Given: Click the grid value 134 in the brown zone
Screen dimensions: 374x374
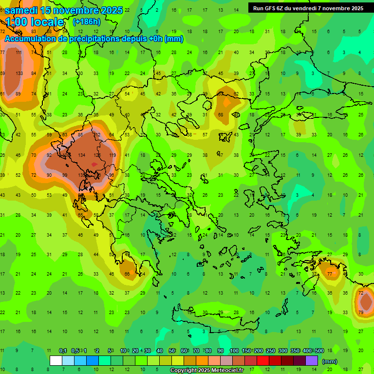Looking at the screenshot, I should click(x=81, y=155).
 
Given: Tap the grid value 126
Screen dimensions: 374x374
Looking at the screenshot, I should click(x=97, y=155).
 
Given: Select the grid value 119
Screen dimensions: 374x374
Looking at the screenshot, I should click(x=112, y=155).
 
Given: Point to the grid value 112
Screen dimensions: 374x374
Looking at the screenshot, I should click(x=97, y=135).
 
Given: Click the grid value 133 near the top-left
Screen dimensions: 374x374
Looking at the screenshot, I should click(x=19, y=74).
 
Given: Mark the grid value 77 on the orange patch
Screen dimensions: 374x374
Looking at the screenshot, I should click(x=330, y=274).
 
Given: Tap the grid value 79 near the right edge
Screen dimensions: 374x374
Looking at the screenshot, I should click(x=361, y=312).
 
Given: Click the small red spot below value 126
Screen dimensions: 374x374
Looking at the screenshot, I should click(x=94, y=165).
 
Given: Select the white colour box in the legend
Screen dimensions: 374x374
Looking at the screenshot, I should click(x=56, y=361).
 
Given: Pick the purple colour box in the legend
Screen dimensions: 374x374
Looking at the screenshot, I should click(x=312, y=361).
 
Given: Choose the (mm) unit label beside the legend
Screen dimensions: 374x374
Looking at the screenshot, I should click(x=330, y=361).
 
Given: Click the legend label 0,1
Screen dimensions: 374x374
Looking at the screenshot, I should click(x=63, y=351).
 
